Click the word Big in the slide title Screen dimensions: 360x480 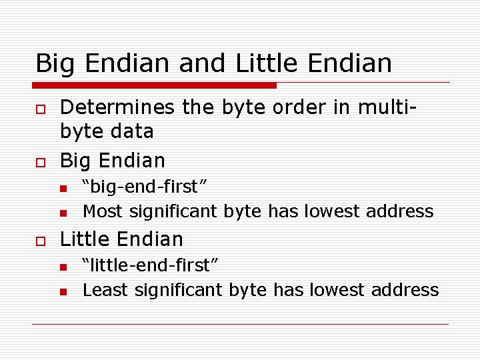pos(53,64)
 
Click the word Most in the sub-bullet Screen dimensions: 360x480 pos(103,211)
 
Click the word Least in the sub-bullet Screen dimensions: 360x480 pos(106,290)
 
